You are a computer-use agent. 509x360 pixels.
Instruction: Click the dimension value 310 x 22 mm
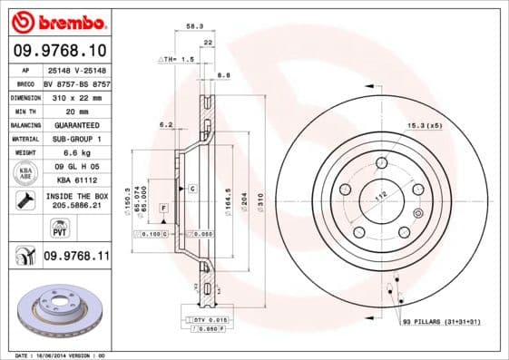(x=76, y=96)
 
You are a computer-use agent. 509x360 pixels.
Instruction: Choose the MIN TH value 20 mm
(x=76, y=110)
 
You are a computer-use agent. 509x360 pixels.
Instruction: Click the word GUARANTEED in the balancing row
(x=76, y=124)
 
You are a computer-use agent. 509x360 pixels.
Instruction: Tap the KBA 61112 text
(x=76, y=180)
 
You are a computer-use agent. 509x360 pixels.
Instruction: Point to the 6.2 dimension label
(x=166, y=125)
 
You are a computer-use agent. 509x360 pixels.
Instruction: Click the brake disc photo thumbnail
(x=62, y=309)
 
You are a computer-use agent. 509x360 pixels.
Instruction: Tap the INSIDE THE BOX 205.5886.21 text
(x=76, y=201)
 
